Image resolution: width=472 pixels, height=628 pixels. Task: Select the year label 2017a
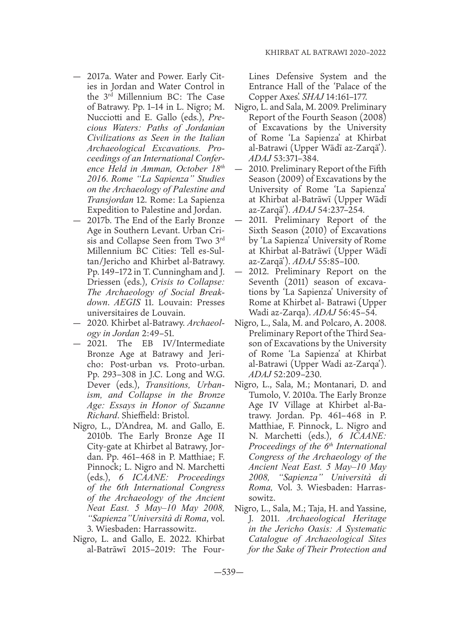(x=99, y=77)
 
